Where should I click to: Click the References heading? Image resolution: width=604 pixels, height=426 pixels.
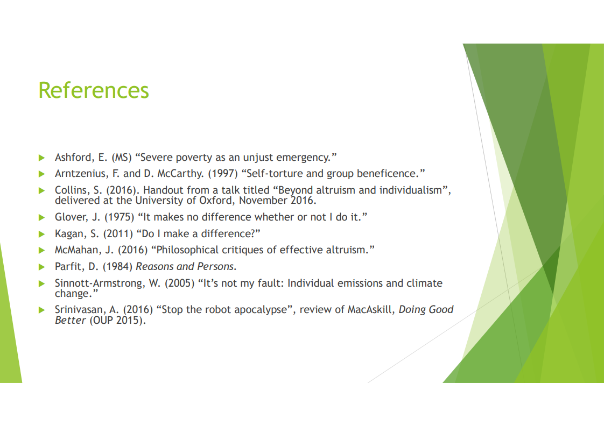pos(94,90)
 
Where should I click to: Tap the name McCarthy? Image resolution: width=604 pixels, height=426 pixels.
pos(180,174)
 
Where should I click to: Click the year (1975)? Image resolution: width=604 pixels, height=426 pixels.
pos(120,217)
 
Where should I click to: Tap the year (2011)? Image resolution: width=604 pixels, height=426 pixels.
pos(118,234)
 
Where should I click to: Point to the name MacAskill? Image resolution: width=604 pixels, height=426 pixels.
pos(371,310)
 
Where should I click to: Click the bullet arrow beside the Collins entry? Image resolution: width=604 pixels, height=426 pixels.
pos(41,190)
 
